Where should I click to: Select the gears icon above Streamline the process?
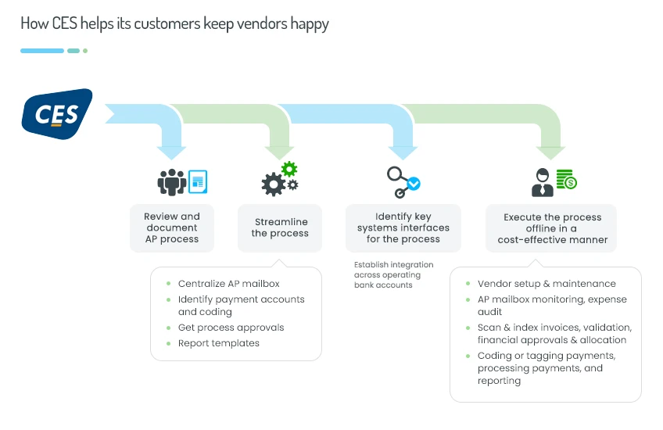[280, 179]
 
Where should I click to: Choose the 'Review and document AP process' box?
[172, 228]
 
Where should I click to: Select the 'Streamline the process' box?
[280, 228]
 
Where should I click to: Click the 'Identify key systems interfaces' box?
[403, 228]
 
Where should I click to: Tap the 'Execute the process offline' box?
[552, 228]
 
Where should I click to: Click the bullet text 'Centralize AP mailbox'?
[228, 284]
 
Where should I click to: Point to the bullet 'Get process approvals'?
[231, 328]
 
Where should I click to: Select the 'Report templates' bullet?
[218, 343]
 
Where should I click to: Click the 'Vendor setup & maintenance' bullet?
[547, 284]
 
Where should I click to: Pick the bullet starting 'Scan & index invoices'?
[554, 334]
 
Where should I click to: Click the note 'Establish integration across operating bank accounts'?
[387, 274]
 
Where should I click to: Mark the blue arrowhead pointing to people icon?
[171, 149]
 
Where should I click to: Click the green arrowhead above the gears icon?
[279, 149]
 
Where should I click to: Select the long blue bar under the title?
[42, 51]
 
